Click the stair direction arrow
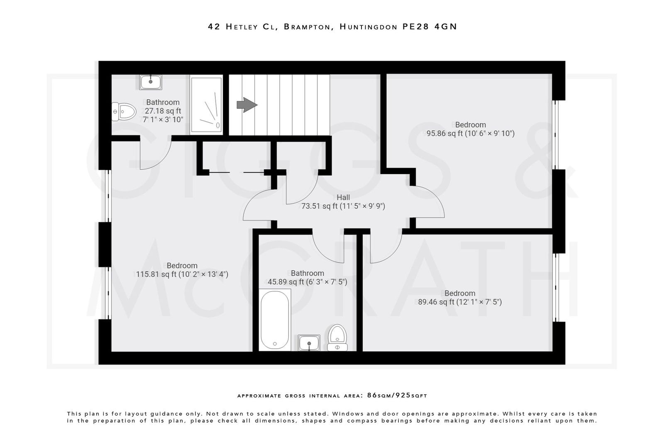pyautogui.click(x=247, y=105)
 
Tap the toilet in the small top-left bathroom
pyautogui.click(x=125, y=111)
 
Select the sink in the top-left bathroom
pyautogui.click(x=150, y=82)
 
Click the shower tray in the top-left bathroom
pyautogui.click(x=206, y=105)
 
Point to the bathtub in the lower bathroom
pyautogui.click(x=275, y=319)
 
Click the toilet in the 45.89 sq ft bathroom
pyautogui.click(x=337, y=337)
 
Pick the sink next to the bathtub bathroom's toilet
pyautogui.click(x=309, y=343)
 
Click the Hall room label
pyautogui.click(x=343, y=197)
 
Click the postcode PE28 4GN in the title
pyautogui.click(x=430, y=27)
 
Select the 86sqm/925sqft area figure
pyautogui.click(x=397, y=396)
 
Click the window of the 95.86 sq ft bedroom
pyautogui.click(x=555, y=135)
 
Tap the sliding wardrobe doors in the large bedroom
pyautogui.click(x=234, y=172)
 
